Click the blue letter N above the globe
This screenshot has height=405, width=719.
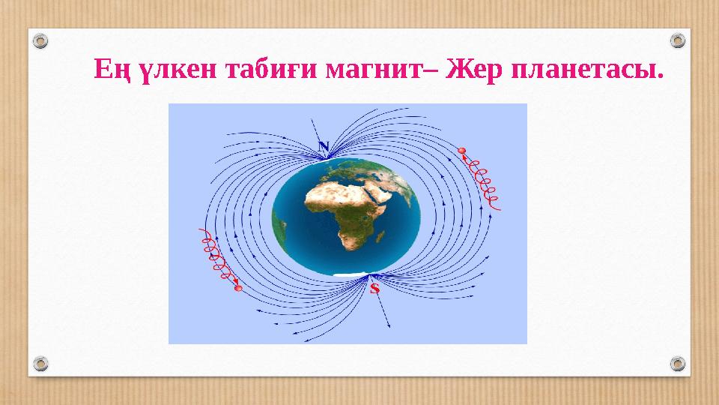coord(323,145)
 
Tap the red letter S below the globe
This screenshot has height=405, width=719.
coord(374,287)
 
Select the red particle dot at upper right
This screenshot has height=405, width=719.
coord(461,151)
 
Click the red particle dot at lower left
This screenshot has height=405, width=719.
coord(237,289)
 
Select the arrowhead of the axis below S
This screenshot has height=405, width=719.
coord(390,327)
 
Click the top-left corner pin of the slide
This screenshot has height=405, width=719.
coord(42,39)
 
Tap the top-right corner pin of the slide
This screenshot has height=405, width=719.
coord(677,39)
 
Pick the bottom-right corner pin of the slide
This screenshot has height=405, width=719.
coord(677,364)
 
